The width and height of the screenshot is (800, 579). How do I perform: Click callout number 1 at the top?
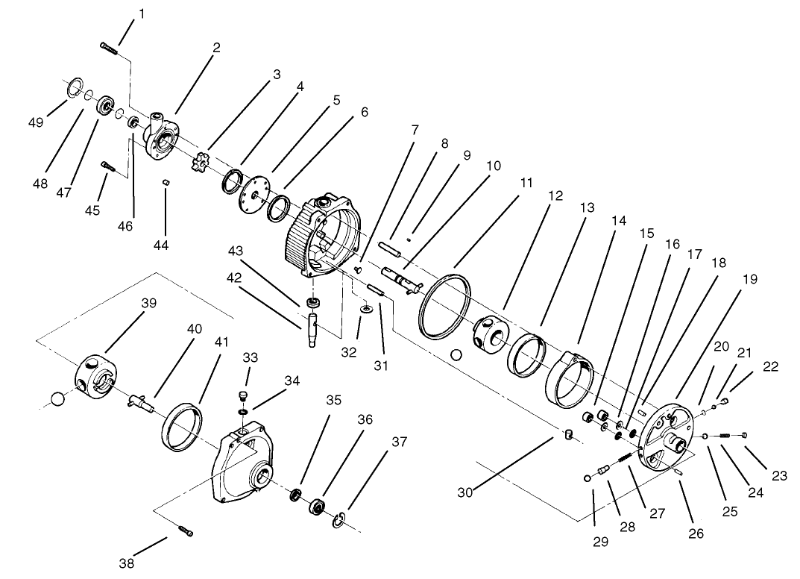coord(142,13)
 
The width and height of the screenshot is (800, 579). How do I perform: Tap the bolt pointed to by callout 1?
coord(110,48)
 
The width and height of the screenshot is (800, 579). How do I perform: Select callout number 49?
coord(36,122)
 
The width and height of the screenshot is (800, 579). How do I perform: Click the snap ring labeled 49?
coord(72,90)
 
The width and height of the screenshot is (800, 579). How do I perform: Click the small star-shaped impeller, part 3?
coord(199,160)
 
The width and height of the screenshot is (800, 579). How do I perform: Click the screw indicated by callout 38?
coord(186,531)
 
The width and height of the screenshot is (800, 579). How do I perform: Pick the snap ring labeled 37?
coord(339,519)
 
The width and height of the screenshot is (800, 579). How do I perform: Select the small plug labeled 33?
coord(242,395)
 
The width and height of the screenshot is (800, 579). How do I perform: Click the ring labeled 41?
coord(183,427)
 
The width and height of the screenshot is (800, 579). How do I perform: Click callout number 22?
coord(770,366)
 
